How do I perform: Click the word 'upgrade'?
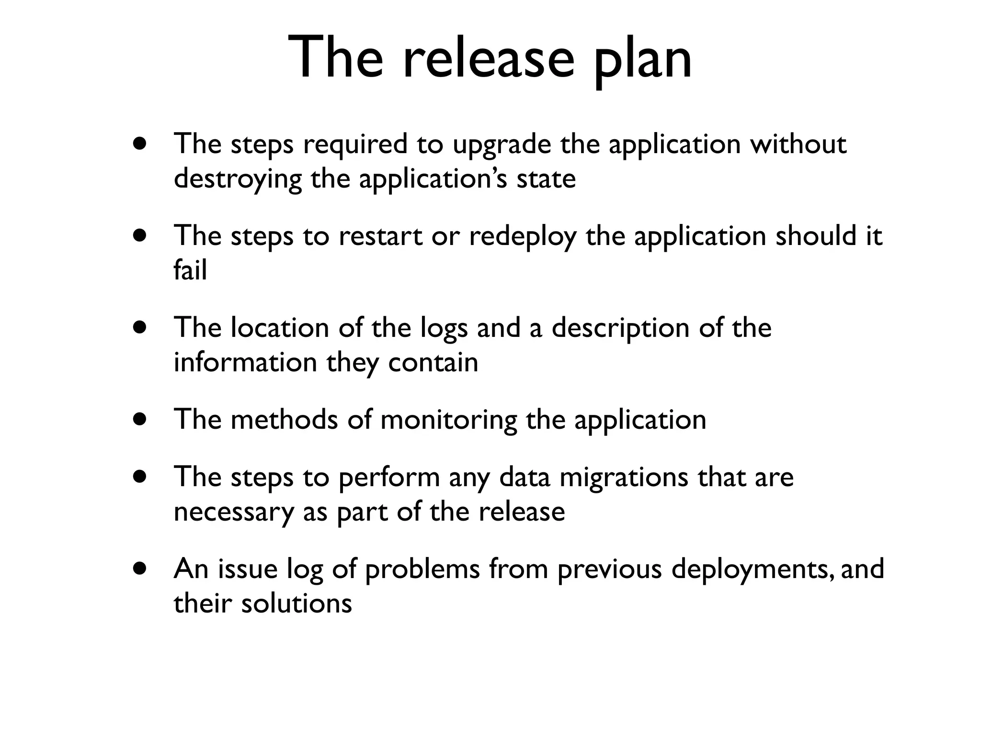502,145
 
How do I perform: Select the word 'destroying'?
238,180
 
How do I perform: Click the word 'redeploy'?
523,237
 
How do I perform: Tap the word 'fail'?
190,270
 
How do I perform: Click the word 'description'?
620,329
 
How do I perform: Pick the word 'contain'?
433,362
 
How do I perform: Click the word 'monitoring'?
448,421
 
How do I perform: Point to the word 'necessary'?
233,512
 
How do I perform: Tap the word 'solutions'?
297,603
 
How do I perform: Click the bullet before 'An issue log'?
140,569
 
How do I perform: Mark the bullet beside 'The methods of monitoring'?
140,420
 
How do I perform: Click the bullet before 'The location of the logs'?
140,328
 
